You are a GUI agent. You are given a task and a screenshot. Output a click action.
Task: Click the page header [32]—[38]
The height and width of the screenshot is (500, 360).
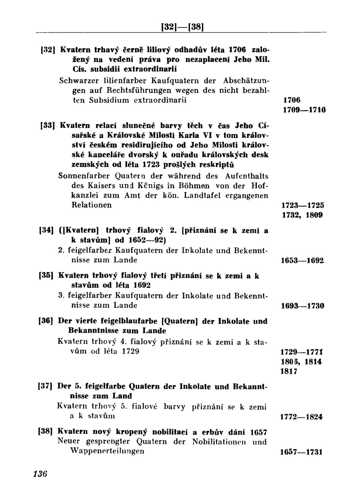tap(182, 27)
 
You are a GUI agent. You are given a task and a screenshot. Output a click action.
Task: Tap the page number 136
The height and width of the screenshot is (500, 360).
tap(40, 474)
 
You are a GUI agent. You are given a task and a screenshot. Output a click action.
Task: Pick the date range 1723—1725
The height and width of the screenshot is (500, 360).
tap(303, 206)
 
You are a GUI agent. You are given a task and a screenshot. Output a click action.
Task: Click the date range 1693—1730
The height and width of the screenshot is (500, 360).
tap(303, 306)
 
